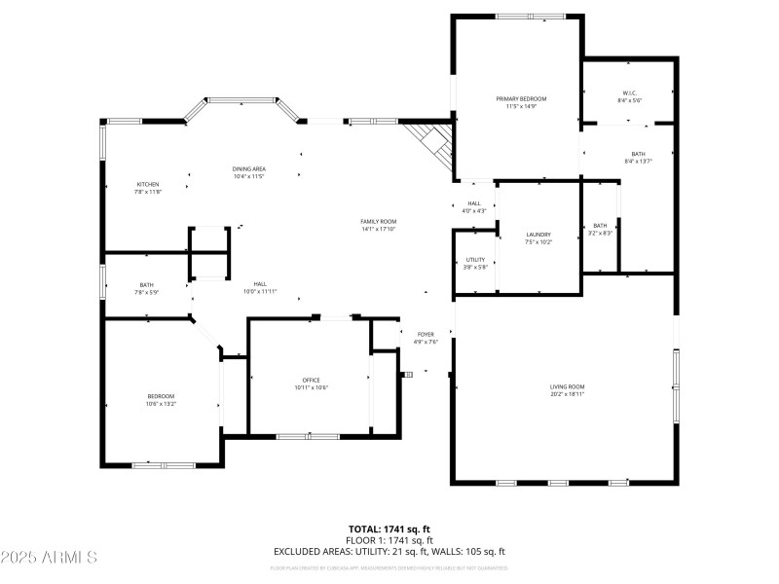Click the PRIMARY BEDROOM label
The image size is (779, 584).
[521, 99]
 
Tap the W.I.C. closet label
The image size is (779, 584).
[628, 93]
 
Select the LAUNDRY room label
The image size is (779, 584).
[538, 235]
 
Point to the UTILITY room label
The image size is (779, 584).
[475, 260]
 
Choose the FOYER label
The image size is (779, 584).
[427, 334]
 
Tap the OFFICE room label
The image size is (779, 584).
[312, 380]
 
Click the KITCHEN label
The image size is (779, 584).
[148, 184]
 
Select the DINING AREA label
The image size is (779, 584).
[249, 169]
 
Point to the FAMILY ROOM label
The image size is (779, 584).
[379, 222]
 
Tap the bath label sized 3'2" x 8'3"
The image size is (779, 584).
[600, 226]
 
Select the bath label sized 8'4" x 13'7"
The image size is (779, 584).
[638, 154]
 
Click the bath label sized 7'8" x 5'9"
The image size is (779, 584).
[146, 284]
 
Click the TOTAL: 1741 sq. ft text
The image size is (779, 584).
[389, 529]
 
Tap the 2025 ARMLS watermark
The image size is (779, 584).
[49, 558]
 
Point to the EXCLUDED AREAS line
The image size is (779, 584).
[389, 551]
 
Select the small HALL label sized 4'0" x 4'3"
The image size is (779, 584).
[473, 203]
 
